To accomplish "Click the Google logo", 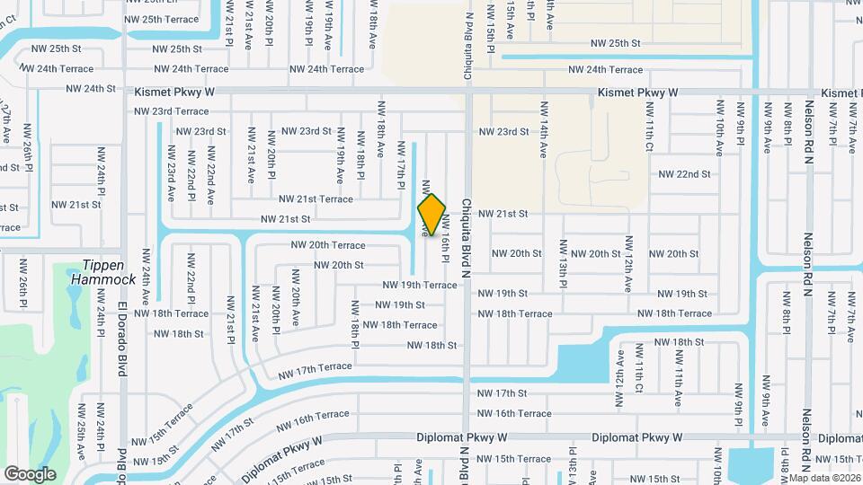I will (30, 474).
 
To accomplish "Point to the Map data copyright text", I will (825, 478).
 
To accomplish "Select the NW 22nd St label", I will (684, 174).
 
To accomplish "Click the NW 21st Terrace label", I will (316, 198).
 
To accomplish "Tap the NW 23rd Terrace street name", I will (171, 111).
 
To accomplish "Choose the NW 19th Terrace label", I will (420, 285).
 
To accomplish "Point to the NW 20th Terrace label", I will (327, 245).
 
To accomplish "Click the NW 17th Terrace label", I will (315, 367).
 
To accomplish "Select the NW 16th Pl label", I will (445, 238).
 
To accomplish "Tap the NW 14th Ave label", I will (544, 130).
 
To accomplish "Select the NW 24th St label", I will (91, 89).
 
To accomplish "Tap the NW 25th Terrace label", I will (161, 19).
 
